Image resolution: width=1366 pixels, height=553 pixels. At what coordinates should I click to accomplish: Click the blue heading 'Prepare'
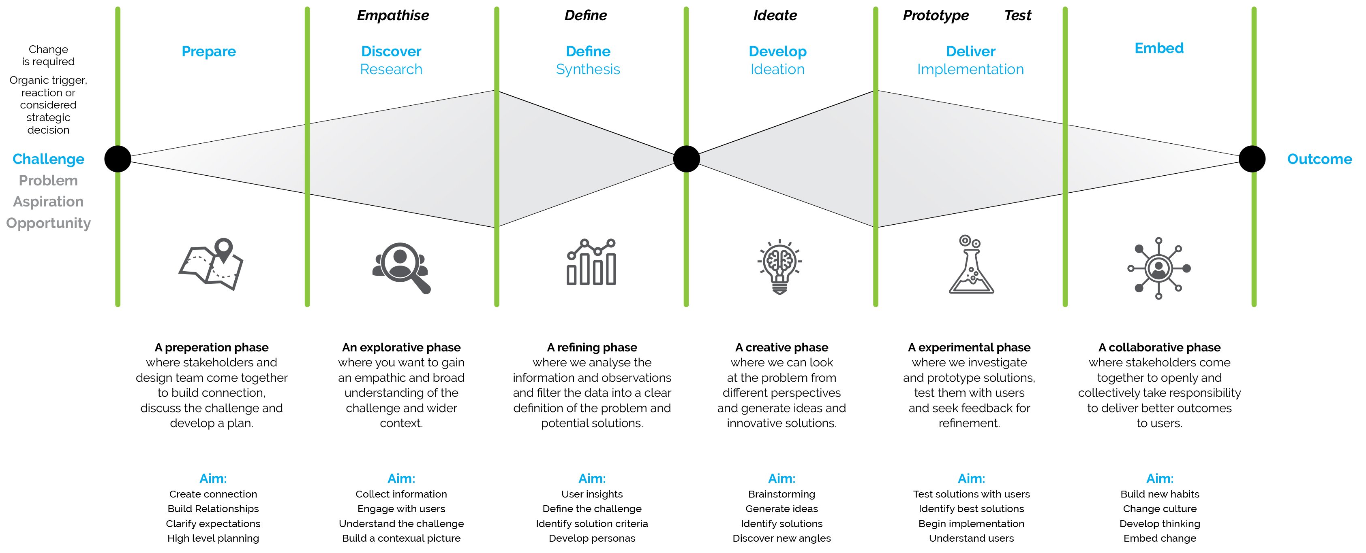pyautogui.click(x=208, y=51)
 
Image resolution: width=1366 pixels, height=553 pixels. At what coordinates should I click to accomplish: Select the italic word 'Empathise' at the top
pyautogui.click(x=392, y=15)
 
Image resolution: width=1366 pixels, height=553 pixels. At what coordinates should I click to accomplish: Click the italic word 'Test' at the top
pyautogui.click(x=1017, y=15)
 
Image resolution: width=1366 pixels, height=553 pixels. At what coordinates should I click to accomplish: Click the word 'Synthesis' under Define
pyautogui.click(x=588, y=69)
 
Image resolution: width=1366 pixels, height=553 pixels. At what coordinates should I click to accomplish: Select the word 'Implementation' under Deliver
pyautogui.click(x=970, y=69)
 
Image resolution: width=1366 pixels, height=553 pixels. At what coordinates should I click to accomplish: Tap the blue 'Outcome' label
pyautogui.click(x=1319, y=159)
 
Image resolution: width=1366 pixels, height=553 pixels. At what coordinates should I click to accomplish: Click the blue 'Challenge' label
pyautogui.click(x=48, y=159)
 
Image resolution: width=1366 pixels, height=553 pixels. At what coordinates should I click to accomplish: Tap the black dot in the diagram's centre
pyautogui.click(x=686, y=159)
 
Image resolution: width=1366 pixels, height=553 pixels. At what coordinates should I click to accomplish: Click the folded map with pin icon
pyautogui.click(x=211, y=265)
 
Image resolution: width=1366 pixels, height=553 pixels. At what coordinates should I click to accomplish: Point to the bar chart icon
pyautogui.click(x=591, y=263)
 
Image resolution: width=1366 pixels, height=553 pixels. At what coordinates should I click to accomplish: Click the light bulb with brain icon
pyautogui.click(x=779, y=266)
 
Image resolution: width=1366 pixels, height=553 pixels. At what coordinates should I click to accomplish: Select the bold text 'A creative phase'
pyautogui.click(x=781, y=347)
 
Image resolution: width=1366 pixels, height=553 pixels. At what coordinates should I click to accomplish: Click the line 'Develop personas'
pyautogui.click(x=592, y=538)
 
